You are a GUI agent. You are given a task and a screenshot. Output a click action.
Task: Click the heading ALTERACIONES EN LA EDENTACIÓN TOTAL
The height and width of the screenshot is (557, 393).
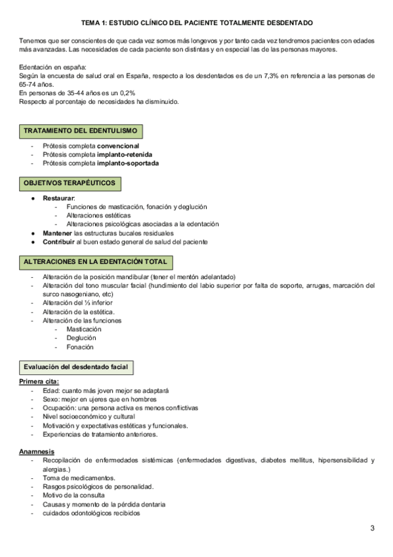[95, 261]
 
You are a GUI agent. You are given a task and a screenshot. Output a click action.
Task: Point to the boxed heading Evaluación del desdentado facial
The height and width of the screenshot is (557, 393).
[77, 365]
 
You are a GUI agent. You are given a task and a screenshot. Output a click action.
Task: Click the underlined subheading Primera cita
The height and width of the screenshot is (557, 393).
[39, 382]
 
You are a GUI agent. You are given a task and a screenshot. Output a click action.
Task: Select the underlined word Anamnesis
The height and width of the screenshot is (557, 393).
[37, 452]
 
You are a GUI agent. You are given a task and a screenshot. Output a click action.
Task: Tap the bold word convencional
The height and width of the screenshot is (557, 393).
[118, 146]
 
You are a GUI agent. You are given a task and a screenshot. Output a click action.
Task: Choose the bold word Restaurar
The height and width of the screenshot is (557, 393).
[59, 198]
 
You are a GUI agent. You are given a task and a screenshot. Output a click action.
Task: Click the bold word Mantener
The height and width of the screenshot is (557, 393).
[57, 233]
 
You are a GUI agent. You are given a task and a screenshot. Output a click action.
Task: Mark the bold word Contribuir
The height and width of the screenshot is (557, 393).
[60, 241]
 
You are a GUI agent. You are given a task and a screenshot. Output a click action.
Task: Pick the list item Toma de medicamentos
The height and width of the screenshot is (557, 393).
[79, 478]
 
